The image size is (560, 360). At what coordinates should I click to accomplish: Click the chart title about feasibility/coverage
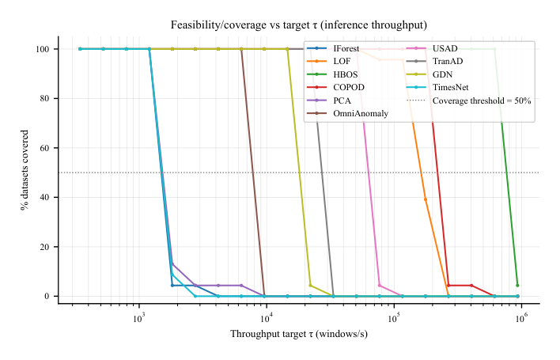pyautogui.click(x=299, y=25)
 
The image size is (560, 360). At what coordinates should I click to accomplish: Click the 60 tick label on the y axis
pyautogui.click(x=44, y=148)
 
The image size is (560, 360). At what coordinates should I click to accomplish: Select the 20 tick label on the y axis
pyautogui.click(x=44, y=247)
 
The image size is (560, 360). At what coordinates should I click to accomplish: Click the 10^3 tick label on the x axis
pyautogui.click(x=139, y=317)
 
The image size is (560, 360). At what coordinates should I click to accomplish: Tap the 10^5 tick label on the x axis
pyautogui.click(x=393, y=317)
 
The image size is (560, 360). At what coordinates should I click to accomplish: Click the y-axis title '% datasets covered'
pyautogui.click(x=26, y=172)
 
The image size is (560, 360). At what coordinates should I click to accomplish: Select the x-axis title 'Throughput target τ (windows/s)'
pyautogui.click(x=299, y=334)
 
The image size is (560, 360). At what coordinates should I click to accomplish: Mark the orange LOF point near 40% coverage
pyautogui.click(x=426, y=199)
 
